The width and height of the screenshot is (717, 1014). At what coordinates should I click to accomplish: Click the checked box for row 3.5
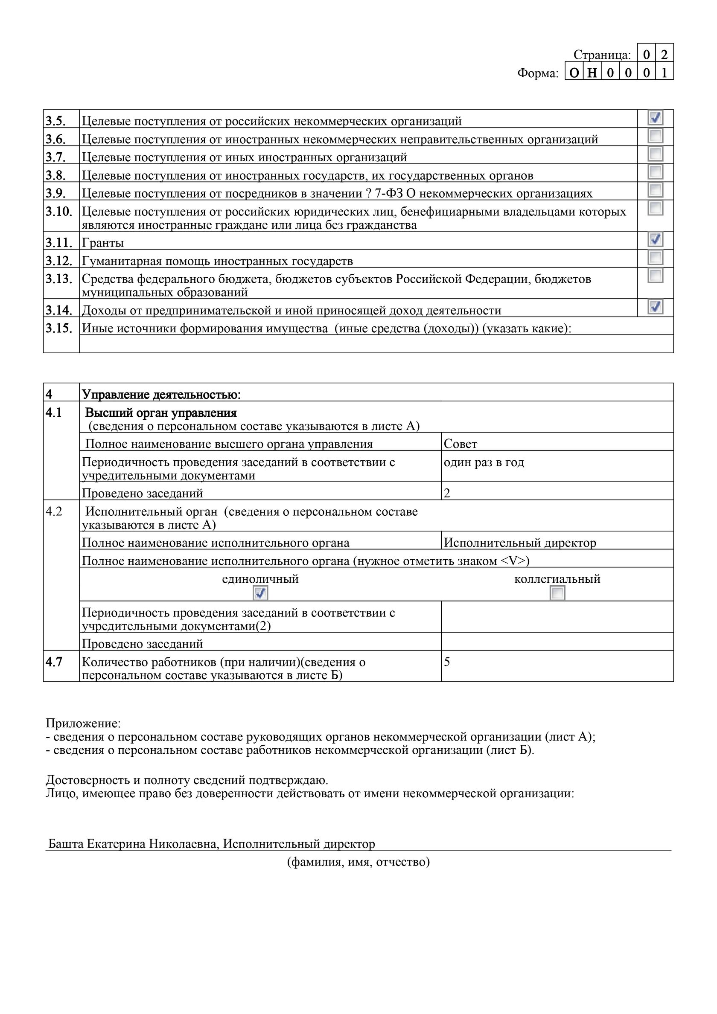(x=655, y=117)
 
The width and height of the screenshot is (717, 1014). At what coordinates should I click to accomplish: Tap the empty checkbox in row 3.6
(x=655, y=136)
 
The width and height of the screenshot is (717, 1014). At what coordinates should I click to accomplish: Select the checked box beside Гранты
(x=655, y=239)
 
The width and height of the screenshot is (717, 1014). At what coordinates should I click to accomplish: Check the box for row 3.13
(x=655, y=276)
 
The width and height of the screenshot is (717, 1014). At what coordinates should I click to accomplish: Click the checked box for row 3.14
(x=655, y=306)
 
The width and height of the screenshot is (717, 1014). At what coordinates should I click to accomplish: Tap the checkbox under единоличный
(x=260, y=593)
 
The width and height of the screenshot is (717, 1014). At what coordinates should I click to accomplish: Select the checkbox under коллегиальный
(x=557, y=593)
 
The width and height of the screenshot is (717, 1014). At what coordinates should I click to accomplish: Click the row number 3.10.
(x=59, y=212)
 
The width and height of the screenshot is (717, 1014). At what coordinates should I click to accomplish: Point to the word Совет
(x=461, y=444)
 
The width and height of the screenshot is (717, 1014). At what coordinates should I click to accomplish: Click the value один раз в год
(x=484, y=462)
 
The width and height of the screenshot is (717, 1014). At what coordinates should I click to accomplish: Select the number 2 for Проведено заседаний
(x=447, y=493)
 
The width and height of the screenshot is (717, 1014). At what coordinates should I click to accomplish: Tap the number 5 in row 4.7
(x=447, y=662)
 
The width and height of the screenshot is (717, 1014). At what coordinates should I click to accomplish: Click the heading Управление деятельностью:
(x=161, y=395)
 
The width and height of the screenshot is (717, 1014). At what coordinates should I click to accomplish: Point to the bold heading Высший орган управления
(x=161, y=413)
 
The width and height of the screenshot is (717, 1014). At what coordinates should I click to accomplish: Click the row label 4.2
(x=54, y=511)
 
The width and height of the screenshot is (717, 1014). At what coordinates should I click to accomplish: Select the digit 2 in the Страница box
(x=664, y=54)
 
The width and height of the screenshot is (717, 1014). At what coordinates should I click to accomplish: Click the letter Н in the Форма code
(x=592, y=73)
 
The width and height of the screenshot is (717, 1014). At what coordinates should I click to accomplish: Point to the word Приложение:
(x=83, y=723)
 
